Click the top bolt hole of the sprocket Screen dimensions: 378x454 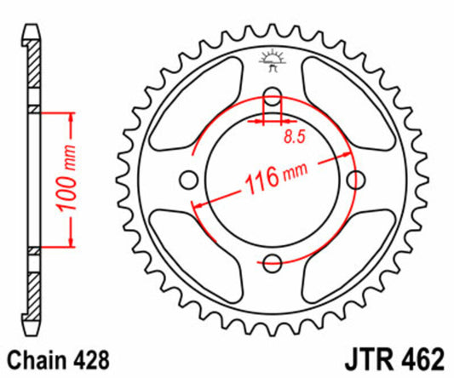(273, 94)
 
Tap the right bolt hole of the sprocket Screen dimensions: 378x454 (358, 179)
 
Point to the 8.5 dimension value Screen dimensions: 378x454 (290, 133)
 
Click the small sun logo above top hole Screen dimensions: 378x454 (273, 61)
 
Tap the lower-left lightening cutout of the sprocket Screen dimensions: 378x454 (204, 249)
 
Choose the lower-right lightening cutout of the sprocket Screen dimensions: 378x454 (341, 249)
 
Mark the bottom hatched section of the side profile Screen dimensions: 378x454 (33, 285)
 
